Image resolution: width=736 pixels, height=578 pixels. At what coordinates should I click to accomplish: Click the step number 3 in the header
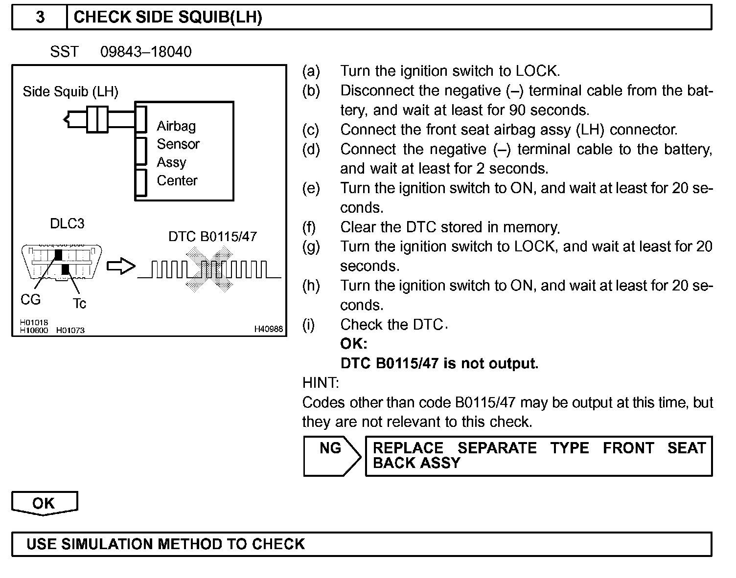click(x=40, y=18)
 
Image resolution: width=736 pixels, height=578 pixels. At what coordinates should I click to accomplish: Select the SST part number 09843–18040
click(x=146, y=52)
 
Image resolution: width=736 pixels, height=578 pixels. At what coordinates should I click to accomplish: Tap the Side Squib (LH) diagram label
click(x=70, y=91)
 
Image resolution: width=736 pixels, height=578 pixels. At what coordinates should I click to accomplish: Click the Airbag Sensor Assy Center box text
click(x=178, y=153)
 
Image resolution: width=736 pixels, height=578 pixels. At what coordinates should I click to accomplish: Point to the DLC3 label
click(x=67, y=223)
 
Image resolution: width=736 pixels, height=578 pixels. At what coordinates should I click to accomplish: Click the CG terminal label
click(x=30, y=299)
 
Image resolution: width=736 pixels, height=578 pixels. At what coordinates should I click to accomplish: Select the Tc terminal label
click(x=79, y=304)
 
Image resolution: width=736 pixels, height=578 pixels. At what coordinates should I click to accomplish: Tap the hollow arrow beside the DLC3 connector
click(x=120, y=267)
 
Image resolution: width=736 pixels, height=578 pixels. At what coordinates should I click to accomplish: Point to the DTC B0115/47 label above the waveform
click(x=212, y=237)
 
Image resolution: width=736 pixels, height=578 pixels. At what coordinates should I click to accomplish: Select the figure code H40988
click(x=268, y=329)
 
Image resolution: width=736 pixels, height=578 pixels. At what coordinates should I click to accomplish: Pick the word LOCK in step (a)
click(x=537, y=71)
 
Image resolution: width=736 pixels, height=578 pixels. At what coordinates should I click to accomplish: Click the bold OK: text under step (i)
click(x=353, y=344)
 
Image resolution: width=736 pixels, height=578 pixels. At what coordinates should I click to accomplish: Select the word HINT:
click(x=321, y=382)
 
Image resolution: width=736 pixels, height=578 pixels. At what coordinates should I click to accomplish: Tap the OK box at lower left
click(x=44, y=503)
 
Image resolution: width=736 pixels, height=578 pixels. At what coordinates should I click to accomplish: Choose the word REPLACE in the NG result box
click(x=408, y=448)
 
